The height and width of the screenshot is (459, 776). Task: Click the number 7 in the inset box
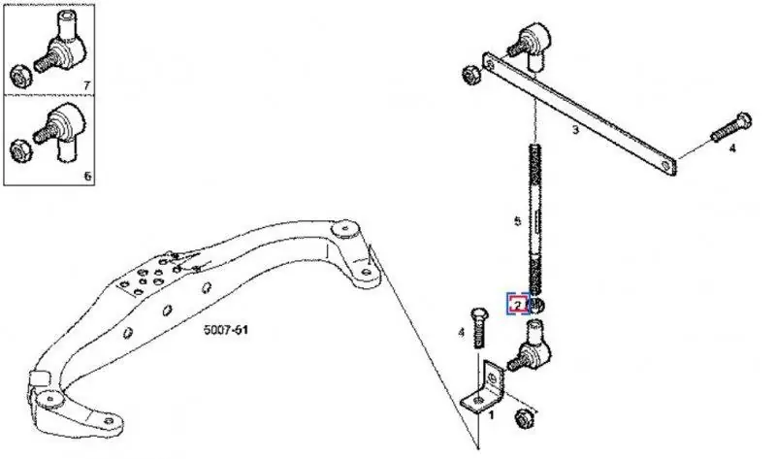(87, 85)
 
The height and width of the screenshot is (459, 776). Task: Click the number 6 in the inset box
(87, 176)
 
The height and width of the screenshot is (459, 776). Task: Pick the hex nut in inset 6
(20, 149)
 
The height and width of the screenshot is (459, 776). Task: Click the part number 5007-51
(226, 329)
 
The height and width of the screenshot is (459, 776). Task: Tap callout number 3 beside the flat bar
(575, 130)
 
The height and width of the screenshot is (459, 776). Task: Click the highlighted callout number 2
(518, 304)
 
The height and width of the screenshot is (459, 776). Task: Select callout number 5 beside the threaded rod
(518, 221)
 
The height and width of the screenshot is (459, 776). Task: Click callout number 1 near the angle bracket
(491, 415)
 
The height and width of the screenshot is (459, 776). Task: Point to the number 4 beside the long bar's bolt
(732, 148)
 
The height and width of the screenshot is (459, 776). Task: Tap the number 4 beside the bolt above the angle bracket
(462, 332)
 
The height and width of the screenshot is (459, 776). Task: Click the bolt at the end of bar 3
(731, 127)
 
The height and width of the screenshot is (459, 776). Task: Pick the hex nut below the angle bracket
(524, 418)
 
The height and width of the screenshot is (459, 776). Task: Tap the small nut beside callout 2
(537, 305)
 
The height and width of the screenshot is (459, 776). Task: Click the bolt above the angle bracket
(478, 327)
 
